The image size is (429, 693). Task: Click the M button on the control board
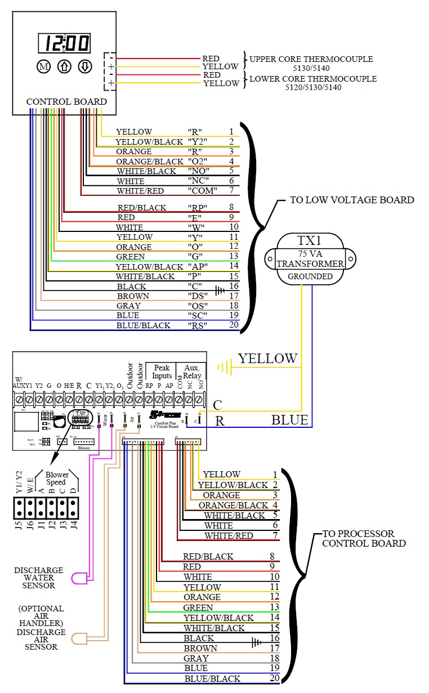pos(44,67)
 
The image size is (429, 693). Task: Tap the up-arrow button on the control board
pos(65,67)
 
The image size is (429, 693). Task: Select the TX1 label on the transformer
pos(310,241)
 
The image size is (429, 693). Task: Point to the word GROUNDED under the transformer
pos(310,276)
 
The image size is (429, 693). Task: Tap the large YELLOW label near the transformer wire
pos(267,359)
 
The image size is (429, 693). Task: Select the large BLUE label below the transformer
pos(289,420)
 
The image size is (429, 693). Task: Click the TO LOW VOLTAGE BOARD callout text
pos(352,200)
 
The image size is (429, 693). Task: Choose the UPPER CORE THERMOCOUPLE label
pos(311,59)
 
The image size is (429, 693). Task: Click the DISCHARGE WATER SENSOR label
pos(39,578)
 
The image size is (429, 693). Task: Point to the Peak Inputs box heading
pos(162,372)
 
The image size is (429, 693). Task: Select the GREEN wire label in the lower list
pos(198,607)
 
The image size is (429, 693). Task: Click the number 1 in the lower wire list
pos(275,475)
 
